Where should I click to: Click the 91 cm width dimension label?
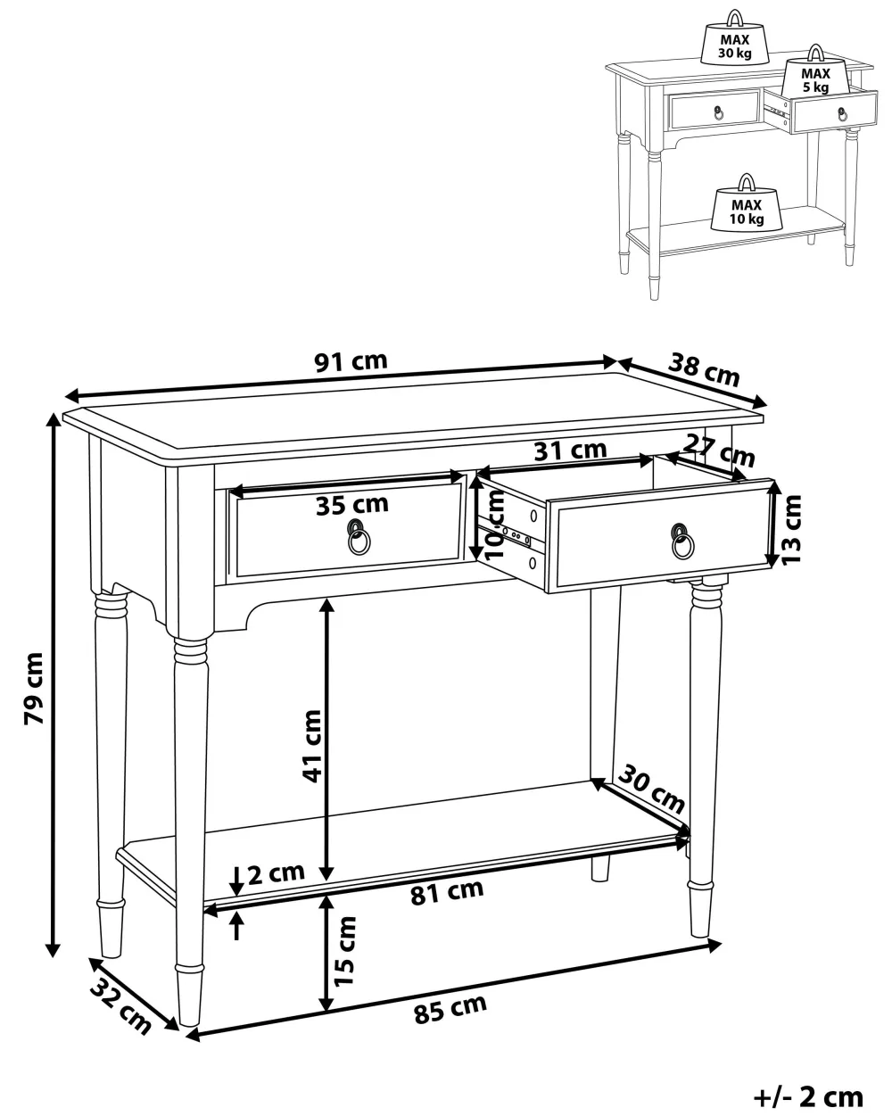(x=351, y=361)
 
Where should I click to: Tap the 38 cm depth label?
(x=704, y=369)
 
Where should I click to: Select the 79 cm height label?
(x=34, y=688)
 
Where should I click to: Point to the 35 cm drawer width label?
(x=352, y=504)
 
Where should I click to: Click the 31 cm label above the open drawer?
(x=571, y=451)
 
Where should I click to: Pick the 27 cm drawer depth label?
(x=719, y=451)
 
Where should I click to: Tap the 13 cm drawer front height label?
(x=791, y=529)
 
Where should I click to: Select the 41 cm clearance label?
(x=312, y=747)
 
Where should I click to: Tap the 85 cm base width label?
(x=450, y=1009)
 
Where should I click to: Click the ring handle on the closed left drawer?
(x=359, y=537)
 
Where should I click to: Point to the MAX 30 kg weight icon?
(x=735, y=39)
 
